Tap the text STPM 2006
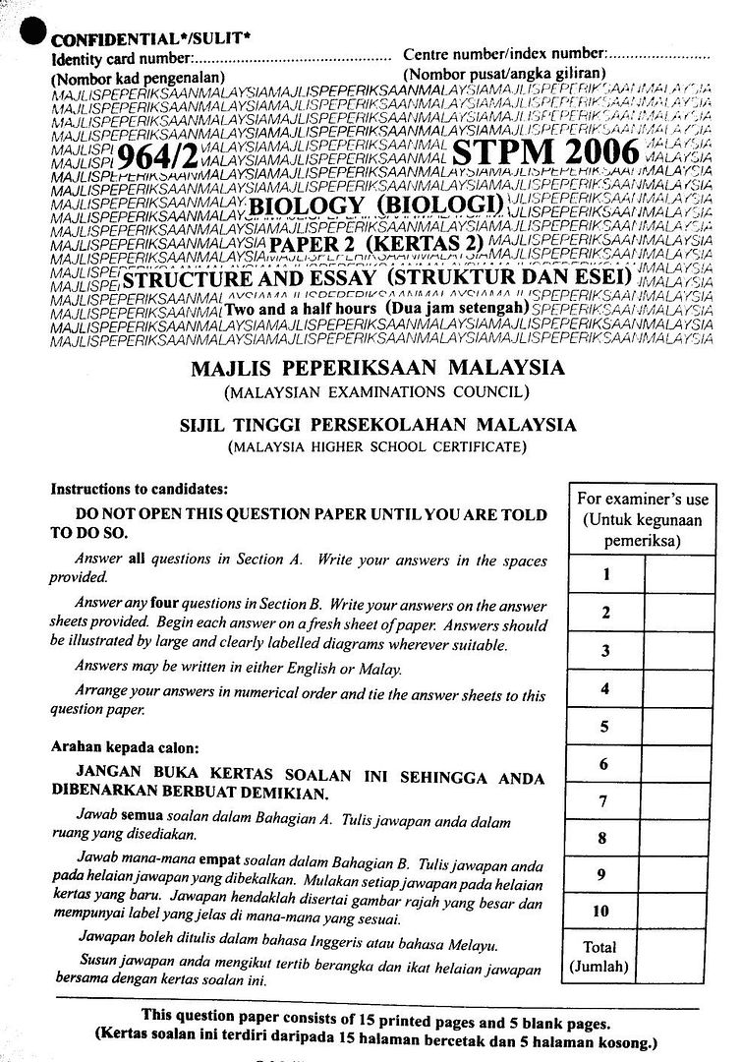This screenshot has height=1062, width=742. pyautogui.click(x=544, y=153)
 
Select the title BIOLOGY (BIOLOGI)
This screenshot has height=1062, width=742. pyautogui.click(x=377, y=206)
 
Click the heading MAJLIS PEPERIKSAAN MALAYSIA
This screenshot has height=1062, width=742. pyautogui.click(x=376, y=369)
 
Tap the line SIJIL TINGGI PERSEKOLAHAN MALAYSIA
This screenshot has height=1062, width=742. pyautogui.click(x=376, y=426)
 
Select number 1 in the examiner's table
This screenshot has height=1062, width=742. pyautogui.click(x=605, y=574)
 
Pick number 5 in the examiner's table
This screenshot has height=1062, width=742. pyautogui.click(x=605, y=727)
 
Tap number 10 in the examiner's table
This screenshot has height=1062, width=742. pyautogui.click(x=601, y=912)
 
